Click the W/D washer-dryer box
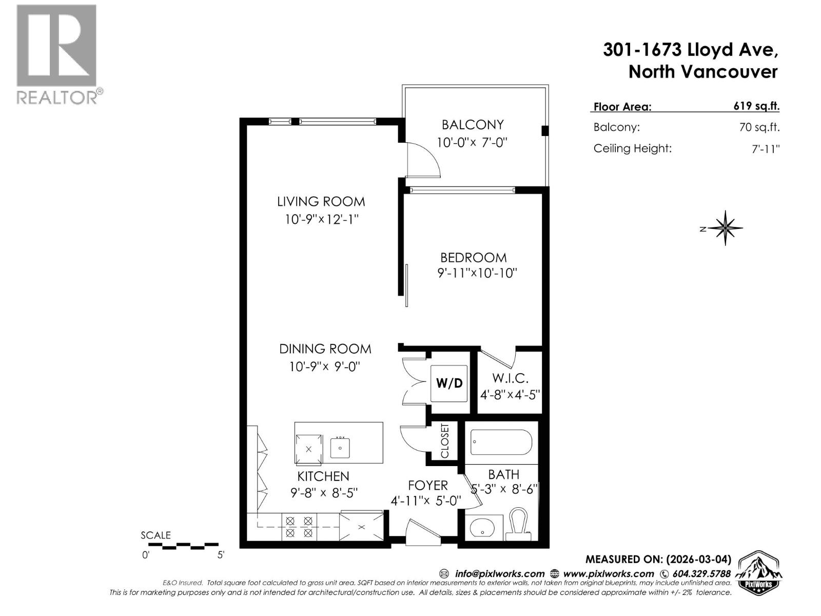(449, 383)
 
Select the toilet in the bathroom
(519, 523)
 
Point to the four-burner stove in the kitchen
(299, 527)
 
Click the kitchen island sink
(340, 448)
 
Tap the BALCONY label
(473, 125)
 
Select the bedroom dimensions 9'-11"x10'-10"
(477, 273)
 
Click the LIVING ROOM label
(321, 202)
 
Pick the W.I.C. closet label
(510, 378)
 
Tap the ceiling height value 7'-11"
(766, 149)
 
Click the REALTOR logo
(57, 54)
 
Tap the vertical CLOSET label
(445, 441)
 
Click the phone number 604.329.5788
(701, 574)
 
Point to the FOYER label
(428, 485)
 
